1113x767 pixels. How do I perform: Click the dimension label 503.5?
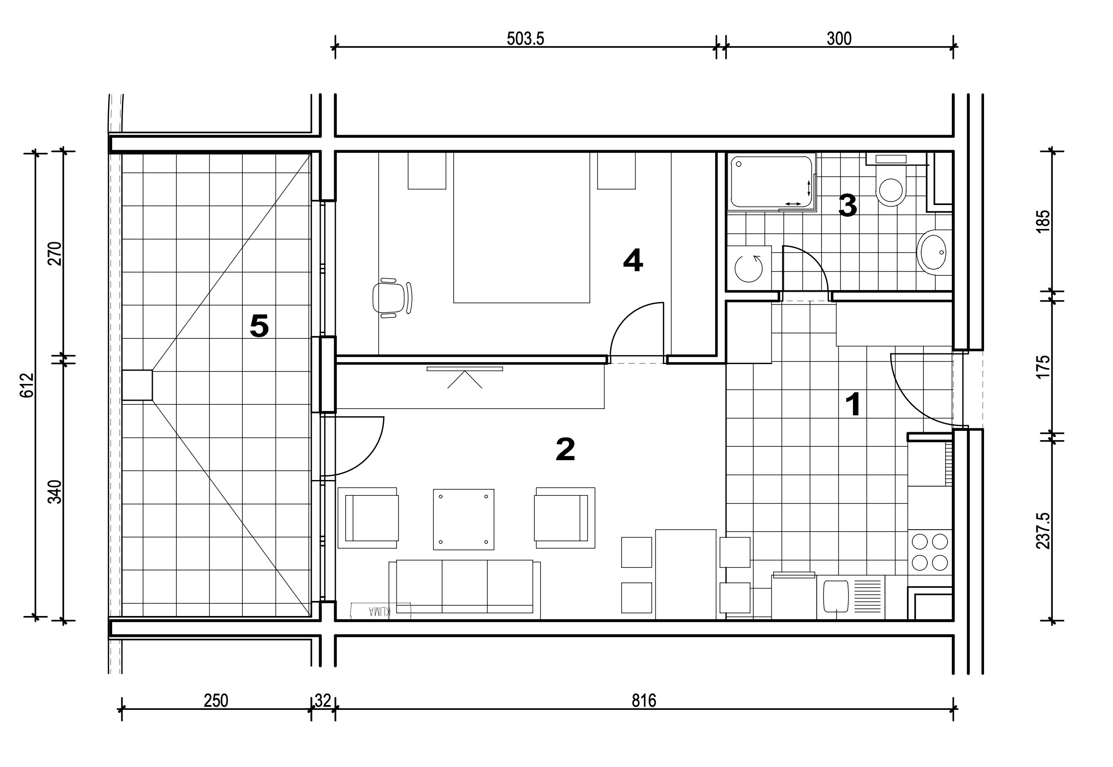(525, 39)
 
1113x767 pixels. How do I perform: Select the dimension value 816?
(644, 701)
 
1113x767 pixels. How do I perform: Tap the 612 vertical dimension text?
(27, 385)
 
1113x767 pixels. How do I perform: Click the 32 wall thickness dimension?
(323, 701)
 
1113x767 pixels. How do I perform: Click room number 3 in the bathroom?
(848, 205)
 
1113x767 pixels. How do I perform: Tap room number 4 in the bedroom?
(633, 260)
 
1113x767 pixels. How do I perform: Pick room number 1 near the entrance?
(853, 405)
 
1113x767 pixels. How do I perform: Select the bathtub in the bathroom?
(771, 182)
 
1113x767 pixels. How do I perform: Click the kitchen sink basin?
(836, 596)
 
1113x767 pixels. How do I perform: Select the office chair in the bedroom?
(392, 298)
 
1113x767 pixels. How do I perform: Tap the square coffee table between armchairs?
(463, 519)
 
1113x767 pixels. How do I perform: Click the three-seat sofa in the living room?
(464, 589)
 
